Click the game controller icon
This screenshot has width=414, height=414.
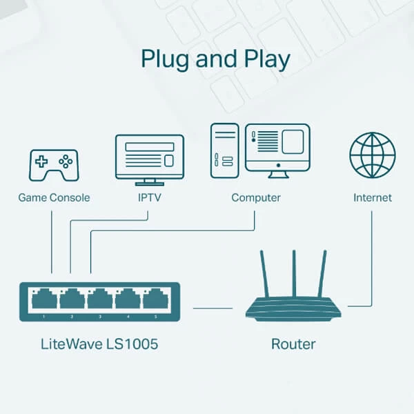[x=53, y=164]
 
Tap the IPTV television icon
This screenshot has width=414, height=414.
[x=149, y=158]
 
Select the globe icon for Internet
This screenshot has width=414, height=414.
[x=373, y=155]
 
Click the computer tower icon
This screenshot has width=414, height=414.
[x=225, y=149]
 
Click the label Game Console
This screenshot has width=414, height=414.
[x=54, y=198]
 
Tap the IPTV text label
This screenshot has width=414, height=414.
[x=149, y=198]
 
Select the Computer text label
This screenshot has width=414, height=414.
[x=256, y=198]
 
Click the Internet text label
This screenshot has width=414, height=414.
[x=373, y=198]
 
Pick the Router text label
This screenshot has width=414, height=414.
[x=293, y=344]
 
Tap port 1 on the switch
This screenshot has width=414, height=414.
[x=44, y=299]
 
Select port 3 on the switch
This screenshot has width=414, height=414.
[x=100, y=299]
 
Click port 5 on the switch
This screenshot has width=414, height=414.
[x=155, y=299]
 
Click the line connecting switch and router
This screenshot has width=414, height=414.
[x=213, y=308]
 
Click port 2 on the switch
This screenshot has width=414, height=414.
[x=72, y=299]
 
